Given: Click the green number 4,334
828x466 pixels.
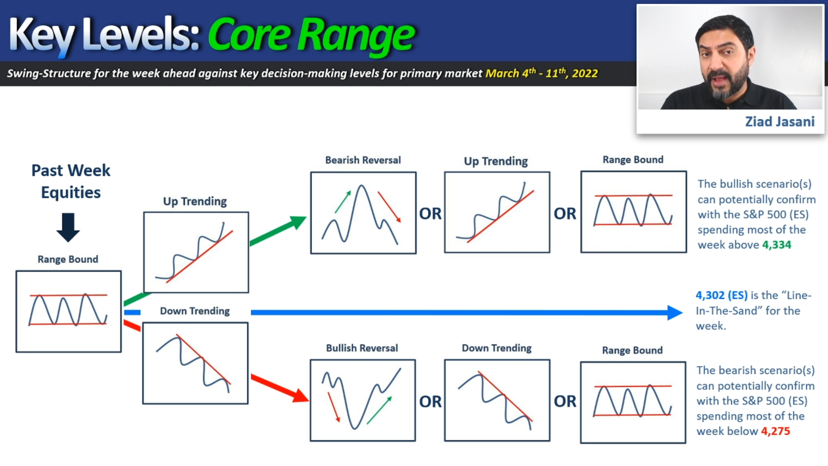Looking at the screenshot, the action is click(x=777, y=245).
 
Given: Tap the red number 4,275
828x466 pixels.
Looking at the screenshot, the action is click(x=775, y=431).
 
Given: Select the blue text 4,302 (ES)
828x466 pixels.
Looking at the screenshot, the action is click(x=721, y=295).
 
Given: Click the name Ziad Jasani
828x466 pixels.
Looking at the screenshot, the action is click(x=780, y=122).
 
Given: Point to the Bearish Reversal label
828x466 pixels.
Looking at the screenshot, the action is click(x=363, y=160).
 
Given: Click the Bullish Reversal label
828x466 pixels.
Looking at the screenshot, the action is click(x=362, y=348).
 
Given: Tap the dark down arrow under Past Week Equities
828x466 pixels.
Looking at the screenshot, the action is click(x=68, y=227).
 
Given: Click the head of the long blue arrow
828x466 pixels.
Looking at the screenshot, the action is click(x=675, y=312).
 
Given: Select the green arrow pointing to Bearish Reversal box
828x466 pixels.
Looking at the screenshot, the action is click(x=278, y=231).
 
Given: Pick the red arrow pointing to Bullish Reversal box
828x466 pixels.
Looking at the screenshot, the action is click(x=280, y=388).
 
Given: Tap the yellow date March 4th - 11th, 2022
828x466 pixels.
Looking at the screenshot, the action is click(x=542, y=73).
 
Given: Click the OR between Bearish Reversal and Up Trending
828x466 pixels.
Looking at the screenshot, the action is click(x=430, y=214).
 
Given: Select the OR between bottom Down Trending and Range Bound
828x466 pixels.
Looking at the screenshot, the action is click(x=565, y=401).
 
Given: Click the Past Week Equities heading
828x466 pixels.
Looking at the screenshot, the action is click(x=71, y=181).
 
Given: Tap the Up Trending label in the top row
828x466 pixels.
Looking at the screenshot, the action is click(x=496, y=161).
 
